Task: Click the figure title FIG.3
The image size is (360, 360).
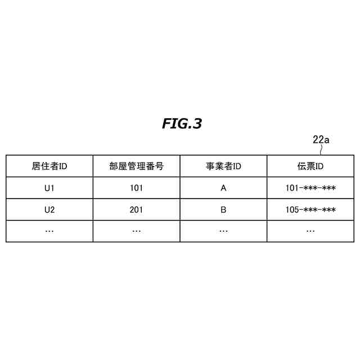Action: (182, 124)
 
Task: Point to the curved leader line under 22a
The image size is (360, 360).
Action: (321, 150)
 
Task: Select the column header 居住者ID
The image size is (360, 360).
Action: (49, 166)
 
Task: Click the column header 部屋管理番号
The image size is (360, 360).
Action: (136, 166)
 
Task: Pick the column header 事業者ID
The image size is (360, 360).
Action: (223, 166)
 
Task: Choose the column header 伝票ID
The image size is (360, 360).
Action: (310, 166)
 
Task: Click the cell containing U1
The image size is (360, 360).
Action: (49, 188)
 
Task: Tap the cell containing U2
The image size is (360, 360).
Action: (49, 210)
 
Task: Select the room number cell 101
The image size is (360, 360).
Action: (136, 188)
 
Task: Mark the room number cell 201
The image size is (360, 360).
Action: (136, 210)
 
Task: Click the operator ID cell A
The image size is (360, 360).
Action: (223, 188)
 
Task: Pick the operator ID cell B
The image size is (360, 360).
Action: (223, 210)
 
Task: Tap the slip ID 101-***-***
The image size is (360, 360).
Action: (310, 188)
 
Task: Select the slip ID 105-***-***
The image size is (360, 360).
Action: (310, 210)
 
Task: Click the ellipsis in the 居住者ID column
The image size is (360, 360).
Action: (49, 231)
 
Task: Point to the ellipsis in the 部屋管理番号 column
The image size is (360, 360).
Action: (136, 231)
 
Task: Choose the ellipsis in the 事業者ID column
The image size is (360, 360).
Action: (223, 231)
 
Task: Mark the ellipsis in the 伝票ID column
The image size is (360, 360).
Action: (310, 231)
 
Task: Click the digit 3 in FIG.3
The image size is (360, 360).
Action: (197, 124)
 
